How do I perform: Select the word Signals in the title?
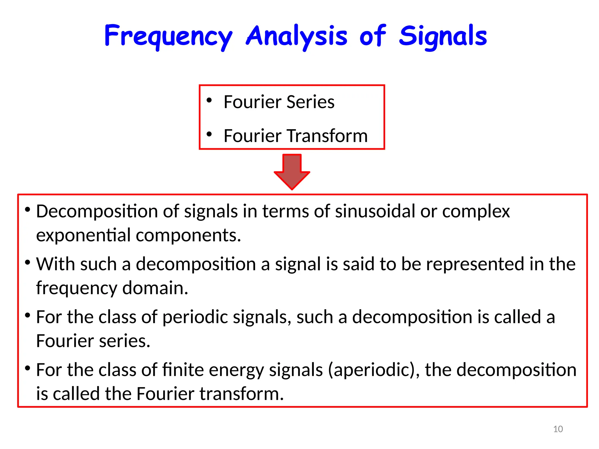443,36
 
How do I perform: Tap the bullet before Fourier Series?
209,100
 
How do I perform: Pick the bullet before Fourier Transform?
209,134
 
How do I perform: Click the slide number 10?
558,429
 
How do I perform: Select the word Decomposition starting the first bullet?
97,211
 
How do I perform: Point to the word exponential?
83,235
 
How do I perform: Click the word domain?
155,288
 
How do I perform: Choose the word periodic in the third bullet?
195,317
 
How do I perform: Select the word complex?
476,211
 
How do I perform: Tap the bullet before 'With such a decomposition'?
27,263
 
